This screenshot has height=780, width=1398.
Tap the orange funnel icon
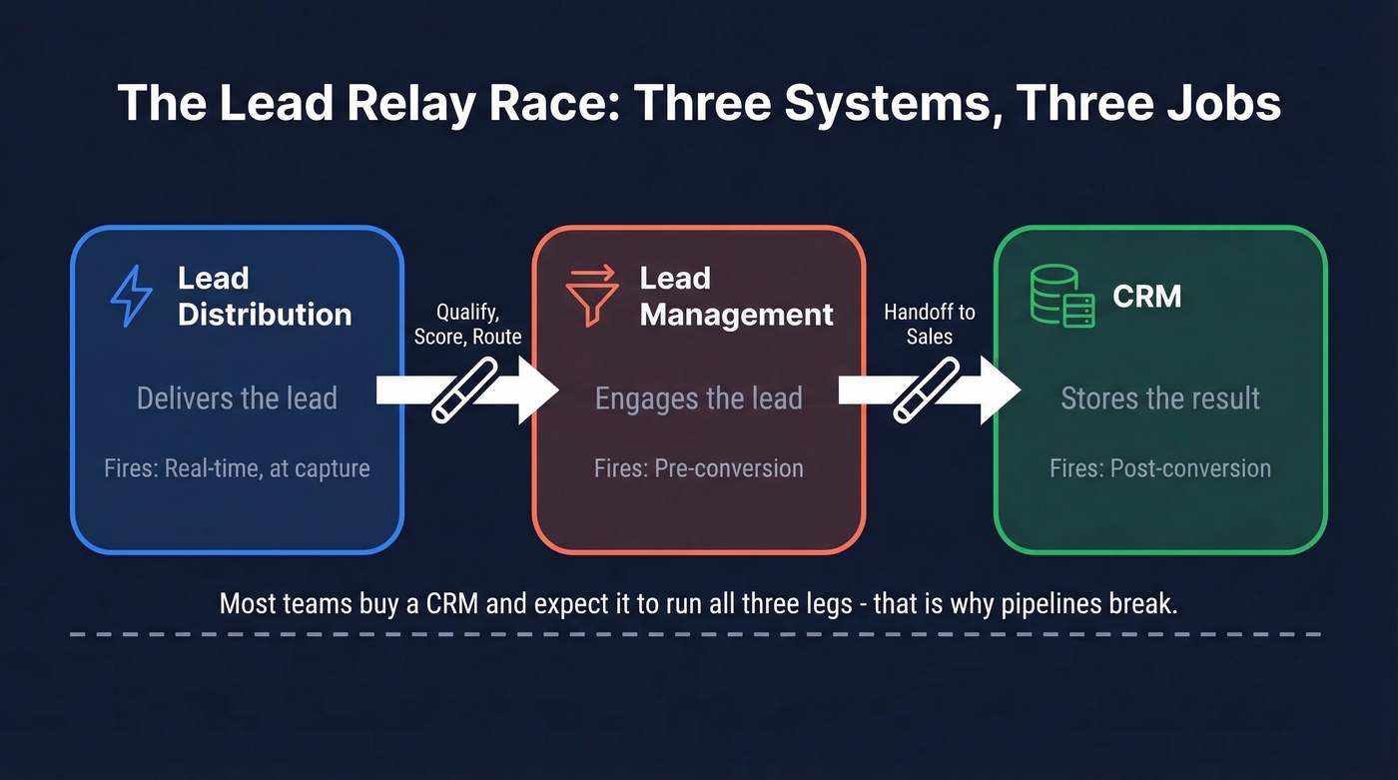(592, 296)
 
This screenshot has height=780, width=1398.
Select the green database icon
(1061, 297)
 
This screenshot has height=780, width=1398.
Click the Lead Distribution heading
(265, 296)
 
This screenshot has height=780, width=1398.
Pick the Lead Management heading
(736, 296)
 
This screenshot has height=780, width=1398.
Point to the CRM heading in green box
(1147, 297)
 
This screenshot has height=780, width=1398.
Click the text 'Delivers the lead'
(237, 398)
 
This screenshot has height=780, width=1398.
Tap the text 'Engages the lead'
(698, 398)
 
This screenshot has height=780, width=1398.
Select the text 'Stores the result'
(1160, 398)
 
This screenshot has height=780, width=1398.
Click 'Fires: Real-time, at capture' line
(237, 467)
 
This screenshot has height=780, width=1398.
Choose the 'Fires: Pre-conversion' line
(698, 467)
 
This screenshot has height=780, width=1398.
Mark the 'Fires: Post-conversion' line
(1160, 467)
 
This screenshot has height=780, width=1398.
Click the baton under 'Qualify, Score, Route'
(464, 390)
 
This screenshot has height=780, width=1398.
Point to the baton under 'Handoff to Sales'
(926, 390)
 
